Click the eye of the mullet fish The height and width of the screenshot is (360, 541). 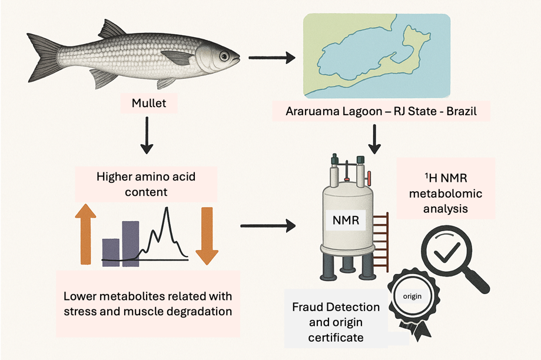(x=224, y=56)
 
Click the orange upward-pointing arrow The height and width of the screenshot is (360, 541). (x=85, y=232)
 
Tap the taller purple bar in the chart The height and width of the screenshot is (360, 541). (x=131, y=243)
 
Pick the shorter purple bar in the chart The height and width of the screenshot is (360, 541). (x=111, y=252)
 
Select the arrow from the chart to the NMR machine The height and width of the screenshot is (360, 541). (x=268, y=224)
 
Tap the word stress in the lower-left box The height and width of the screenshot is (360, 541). (x=86, y=310)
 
